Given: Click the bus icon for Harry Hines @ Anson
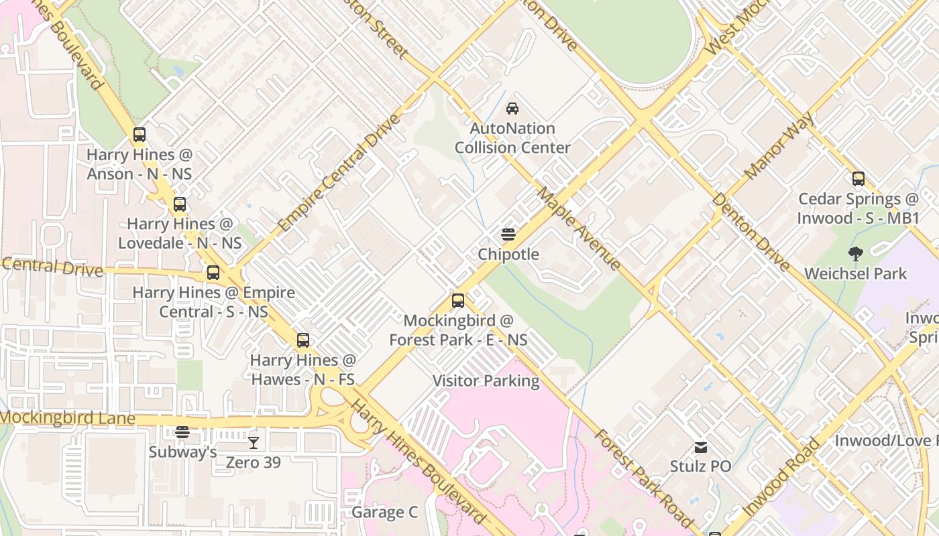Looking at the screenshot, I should click(x=139, y=135).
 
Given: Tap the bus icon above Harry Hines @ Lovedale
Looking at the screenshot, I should click(x=180, y=204).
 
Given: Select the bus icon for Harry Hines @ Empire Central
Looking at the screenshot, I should click(x=213, y=273).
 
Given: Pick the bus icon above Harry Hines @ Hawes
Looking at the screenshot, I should click(x=303, y=340).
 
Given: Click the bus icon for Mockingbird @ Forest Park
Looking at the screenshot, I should click(x=458, y=301).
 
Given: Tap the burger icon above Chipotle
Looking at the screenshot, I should click(x=508, y=234).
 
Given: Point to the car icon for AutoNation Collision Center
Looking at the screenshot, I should click(x=512, y=109).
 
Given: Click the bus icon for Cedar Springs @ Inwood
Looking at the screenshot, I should click(x=858, y=179).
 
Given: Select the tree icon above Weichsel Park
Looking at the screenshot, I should click(x=855, y=254).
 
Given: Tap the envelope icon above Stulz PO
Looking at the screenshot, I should click(x=700, y=447).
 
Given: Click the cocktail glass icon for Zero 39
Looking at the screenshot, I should click(x=253, y=443).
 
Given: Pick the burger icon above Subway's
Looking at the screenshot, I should click(x=182, y=432).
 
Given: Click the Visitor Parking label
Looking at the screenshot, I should click(x=486, y=381).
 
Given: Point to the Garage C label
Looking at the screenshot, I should click(x=384, y=513).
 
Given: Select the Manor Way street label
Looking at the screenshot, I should click(x=779, y=146).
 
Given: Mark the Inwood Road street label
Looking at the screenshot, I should click(x=782, y=476).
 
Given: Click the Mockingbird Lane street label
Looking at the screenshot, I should click(x=68, y=418).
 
